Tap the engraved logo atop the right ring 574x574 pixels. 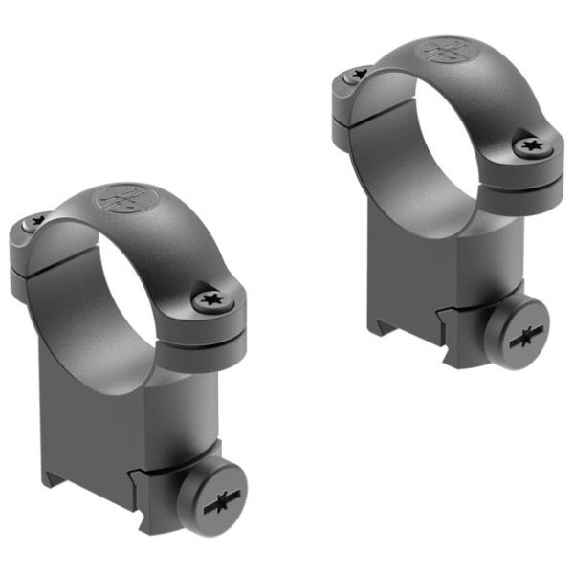click(447, 51)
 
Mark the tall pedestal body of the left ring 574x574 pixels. click(105, 421)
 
